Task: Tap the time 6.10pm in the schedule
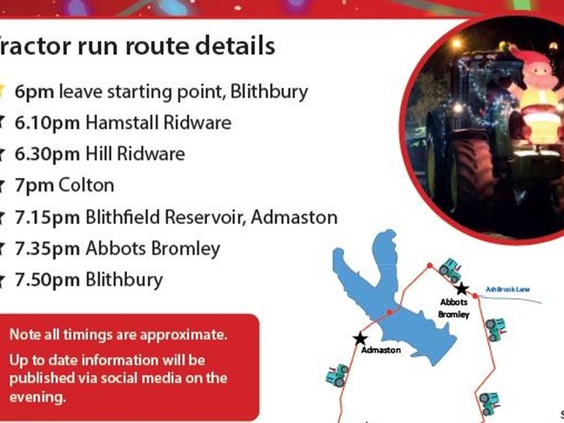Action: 47,123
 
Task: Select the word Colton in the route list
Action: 86,185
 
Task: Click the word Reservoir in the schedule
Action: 204,217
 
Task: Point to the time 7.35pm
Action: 47,249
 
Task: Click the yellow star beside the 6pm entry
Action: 1,91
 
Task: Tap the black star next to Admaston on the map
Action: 360,339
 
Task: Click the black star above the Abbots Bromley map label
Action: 462,289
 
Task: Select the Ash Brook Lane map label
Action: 508,290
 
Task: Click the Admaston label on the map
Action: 381,350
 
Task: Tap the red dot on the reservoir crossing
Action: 390,312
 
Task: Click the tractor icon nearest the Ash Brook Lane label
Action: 450,270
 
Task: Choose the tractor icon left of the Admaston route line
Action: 337,376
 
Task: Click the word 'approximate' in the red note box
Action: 184,335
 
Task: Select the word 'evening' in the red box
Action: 38,398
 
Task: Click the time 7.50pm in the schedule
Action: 47,280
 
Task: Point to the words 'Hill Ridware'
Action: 135,154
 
